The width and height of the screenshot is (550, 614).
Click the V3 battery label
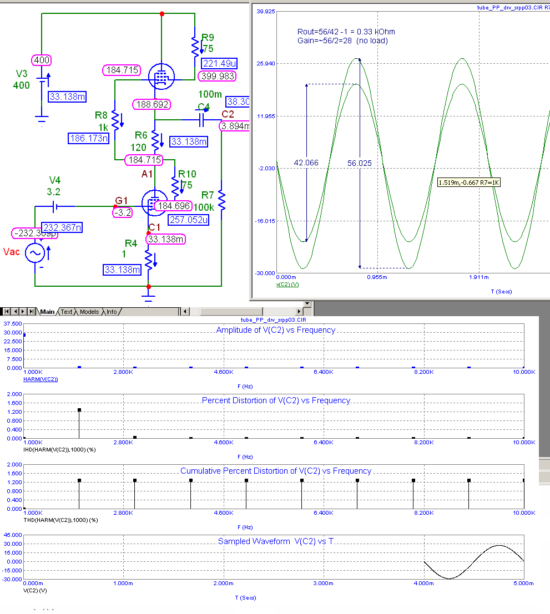[21, 74]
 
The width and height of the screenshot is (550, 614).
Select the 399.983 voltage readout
[219, 76]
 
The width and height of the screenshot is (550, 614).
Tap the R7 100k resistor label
[208, 195]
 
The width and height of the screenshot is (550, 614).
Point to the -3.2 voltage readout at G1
[122, 212]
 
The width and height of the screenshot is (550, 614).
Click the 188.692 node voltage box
[151, 104]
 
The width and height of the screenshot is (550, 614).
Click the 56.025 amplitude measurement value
[360, 163]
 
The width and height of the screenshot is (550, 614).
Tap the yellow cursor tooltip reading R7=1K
[469, 182]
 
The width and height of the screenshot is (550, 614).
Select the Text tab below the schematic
[66, 312]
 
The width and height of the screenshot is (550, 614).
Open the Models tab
[89, 312]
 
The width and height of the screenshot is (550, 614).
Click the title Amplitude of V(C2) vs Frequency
[275, 330]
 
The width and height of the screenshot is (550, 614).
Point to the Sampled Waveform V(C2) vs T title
[275, 541]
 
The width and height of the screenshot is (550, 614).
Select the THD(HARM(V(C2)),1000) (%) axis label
[60, 520]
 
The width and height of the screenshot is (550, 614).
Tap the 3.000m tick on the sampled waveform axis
[323, 583]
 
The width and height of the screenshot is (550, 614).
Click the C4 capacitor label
[204, 106]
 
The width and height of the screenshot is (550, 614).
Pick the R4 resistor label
[131, 243]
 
